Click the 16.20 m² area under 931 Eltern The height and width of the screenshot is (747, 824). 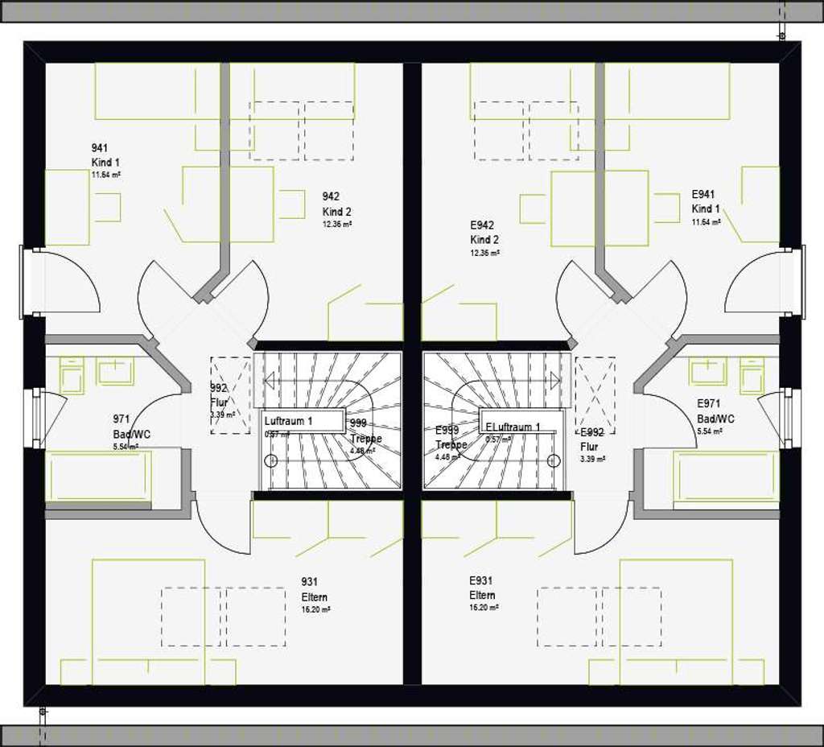315,610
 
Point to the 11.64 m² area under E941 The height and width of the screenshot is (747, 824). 707,222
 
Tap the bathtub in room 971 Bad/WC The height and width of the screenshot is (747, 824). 99,477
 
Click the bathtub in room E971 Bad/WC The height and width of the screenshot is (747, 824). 725,477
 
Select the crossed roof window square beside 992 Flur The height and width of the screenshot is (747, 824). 230,395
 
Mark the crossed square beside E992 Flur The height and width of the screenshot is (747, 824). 595,395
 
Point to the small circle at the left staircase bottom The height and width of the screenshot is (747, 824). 271,460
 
